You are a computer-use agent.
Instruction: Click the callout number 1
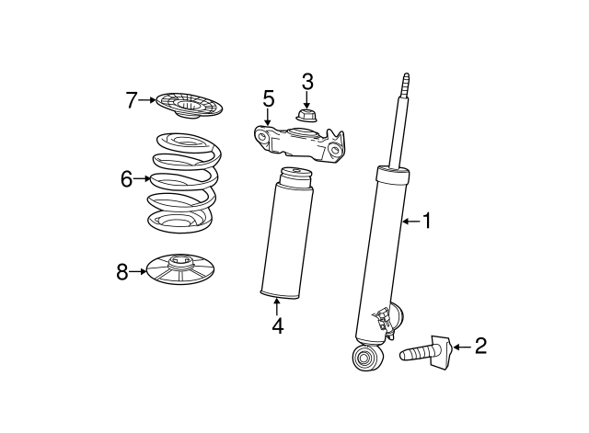click(427, 221)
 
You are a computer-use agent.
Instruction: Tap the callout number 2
click(480, 346)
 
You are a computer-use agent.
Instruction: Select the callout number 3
click(307, 82)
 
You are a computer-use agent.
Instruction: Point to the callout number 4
click(278, 326)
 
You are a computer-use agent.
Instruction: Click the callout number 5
click(269, 98)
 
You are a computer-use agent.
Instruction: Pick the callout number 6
click(127, 179)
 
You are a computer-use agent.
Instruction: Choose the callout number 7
click(131, 100)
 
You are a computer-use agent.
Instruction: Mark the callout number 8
click(122, 271)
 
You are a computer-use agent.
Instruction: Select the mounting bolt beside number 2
click(424, 352)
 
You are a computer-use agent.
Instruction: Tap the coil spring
click(184, 182)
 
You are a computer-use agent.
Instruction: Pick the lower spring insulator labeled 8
click(180, 269)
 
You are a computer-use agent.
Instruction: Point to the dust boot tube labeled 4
click(286, 233)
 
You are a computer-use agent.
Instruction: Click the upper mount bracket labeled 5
click(299, 143)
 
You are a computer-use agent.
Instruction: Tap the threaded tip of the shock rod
click(405, 85)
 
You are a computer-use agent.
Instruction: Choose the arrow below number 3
click(306, 100)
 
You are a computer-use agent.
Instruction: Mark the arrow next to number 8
click(138, 271)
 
